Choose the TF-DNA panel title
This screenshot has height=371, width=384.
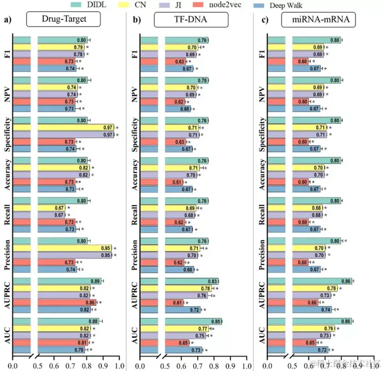pos(191,21)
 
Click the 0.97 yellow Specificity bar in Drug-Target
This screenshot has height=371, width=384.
pos(75,128)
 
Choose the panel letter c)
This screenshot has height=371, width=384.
pos(263,21)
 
